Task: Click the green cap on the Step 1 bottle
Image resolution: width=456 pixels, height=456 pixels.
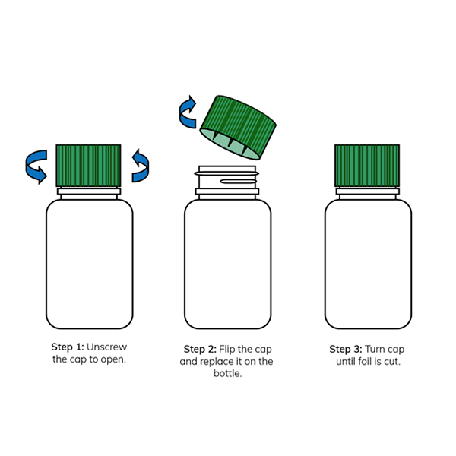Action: tap(88, 166)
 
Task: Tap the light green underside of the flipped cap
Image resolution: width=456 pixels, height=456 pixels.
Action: tap(230, 144)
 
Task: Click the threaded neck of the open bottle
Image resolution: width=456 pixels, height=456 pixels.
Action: tap(226, 177)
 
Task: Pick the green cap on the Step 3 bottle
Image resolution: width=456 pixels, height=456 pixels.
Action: tap(367, 166)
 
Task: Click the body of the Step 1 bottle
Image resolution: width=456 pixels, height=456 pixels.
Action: tap(90, 264)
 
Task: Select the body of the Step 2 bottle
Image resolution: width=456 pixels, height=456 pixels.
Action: tap(228, 264)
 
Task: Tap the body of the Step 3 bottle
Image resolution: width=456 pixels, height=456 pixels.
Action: tap(368, 264)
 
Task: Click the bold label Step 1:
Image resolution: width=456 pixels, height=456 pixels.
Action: tap(68, 347)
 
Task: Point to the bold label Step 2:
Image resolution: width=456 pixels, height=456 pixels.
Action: tap(200, 349)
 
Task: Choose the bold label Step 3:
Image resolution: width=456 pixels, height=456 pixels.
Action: tap(346, 349)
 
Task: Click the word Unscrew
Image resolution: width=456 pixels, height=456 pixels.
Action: tap(106, 347)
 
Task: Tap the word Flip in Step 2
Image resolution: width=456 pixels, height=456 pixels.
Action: tap(226, 350)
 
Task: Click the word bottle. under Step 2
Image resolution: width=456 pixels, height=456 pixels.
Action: tap(228, 373)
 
